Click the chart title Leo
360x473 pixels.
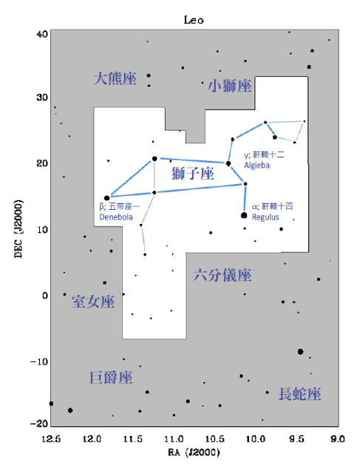pyautogui.click(x=194, y=20)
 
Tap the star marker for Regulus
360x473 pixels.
pyautogui.click(x=244, y=215)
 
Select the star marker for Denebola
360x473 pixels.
pyautogui.click(x=107, y=198)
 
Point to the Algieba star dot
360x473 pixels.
pyautogui.click(x=228, y=163)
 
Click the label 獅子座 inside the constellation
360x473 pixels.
pyautogui.click(x=193, y=174)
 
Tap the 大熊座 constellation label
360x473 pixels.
pyautogui.click(x=115, y=78)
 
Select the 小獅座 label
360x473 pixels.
pyautogui.click(x=230, y=86)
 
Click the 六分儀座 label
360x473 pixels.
pyautogui.click(x=223, y=275)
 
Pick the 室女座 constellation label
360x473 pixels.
pyautogui.click(x=93, y=302)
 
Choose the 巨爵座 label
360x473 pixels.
pyautogui.click(x=111, y=378)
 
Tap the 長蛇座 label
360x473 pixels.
pyautogui.click(x=299, y=394)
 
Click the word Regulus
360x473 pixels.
pyautogui.click(x=265, y=217)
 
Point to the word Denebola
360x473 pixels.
pyautogui.click(x=116, y=217)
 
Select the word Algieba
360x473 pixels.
pyautogui.click(x=257, y=166)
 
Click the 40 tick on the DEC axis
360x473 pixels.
pyautogui.click(x=42, y=34)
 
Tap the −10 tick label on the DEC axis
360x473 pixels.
pyautogui.click(x=39, y=361)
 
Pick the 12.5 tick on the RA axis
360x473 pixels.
pyautogui.click(x=51, y=438)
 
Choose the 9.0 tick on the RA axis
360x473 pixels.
pyautogui.click(x=338, y=438)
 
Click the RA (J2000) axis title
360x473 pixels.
pyautogui.click(x=194, y=452)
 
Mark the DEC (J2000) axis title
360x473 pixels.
pyautogui.click(x=18, y=228)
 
